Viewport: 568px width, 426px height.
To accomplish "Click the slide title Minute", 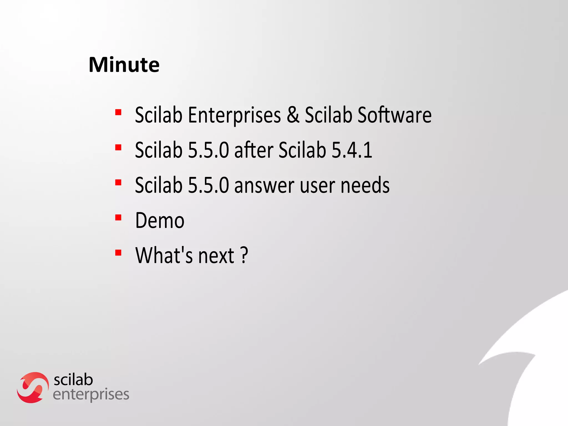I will tap(124, 65).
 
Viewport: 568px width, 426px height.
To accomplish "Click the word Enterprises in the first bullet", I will tap(234, 115).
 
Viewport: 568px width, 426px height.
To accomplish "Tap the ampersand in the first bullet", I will tap(293, 115).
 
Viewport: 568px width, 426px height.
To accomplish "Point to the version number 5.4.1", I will tap(352, 150).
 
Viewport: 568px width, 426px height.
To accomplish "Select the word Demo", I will tap(160, 220).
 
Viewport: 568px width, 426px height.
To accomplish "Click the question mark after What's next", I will tap(244, 255).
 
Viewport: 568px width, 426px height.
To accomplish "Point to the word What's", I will tap(164, 255).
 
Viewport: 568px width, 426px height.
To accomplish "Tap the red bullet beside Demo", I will tap(118, 217).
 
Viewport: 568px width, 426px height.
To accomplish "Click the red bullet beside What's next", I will tap(118, 253).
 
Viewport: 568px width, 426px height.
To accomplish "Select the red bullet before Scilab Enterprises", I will tap(118, 112).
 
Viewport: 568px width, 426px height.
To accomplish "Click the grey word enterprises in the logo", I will tap(91, 394).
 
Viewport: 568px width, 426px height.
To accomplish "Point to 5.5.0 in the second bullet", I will tap(208, 150).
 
